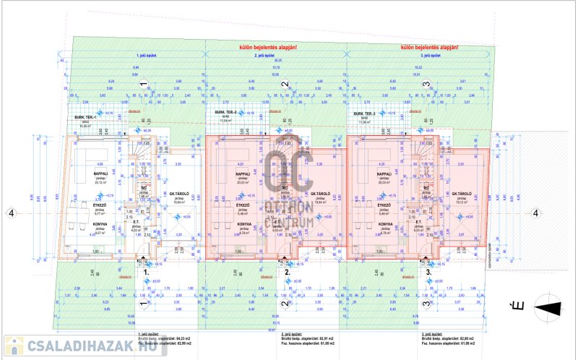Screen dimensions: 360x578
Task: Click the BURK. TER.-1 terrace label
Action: [85, 116]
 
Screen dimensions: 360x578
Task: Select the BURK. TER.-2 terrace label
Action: [225, 113]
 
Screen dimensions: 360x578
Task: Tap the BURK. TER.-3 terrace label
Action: [366, 113]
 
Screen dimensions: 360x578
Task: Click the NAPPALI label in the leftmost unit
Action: [100, 173]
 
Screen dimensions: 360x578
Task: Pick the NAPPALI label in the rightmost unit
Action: [384, 173]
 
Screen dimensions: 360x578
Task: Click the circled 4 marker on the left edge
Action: [10, 213]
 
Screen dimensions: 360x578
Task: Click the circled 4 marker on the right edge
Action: [535, 213]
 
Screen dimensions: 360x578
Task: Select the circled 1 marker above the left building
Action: [144, 85]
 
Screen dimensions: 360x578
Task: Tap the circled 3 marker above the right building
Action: [427, 85]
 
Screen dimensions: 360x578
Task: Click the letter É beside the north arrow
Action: [517, 306]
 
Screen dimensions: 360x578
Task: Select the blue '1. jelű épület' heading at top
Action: [147, 55]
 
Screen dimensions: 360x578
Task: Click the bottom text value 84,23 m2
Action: [183, 338]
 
